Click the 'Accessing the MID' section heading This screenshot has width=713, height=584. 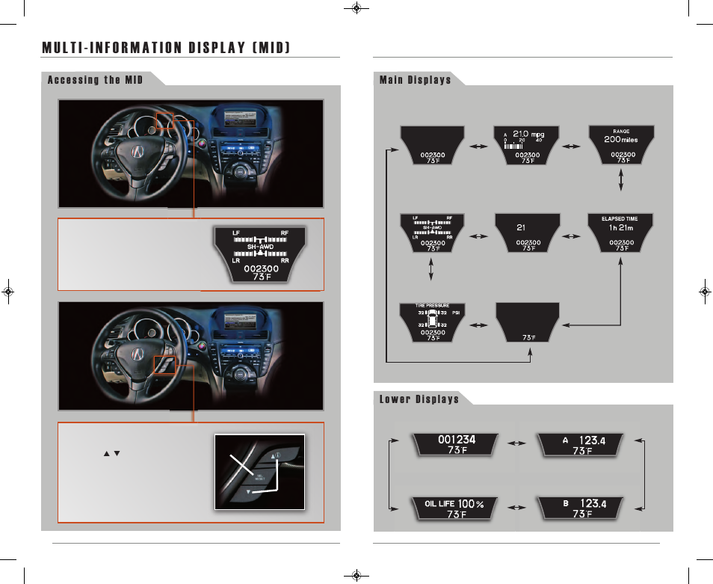(95, 80)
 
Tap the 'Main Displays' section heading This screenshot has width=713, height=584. (415, 80)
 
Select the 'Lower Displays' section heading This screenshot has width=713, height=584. (419, 399)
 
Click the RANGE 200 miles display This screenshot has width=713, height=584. (621, 145)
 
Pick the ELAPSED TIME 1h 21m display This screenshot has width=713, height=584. (621, 233)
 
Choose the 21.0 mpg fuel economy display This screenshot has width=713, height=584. (528, 145)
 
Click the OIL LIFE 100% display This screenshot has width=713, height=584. (454, 508)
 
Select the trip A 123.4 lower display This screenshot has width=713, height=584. (589, 445)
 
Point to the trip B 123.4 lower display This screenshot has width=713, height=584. (589, 508)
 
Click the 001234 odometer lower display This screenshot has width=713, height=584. (455, 445)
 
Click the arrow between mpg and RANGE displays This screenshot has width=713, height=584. (574, 147)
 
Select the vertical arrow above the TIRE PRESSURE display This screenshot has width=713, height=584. (432, 271)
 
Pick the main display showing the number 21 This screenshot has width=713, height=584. (528, 233)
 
